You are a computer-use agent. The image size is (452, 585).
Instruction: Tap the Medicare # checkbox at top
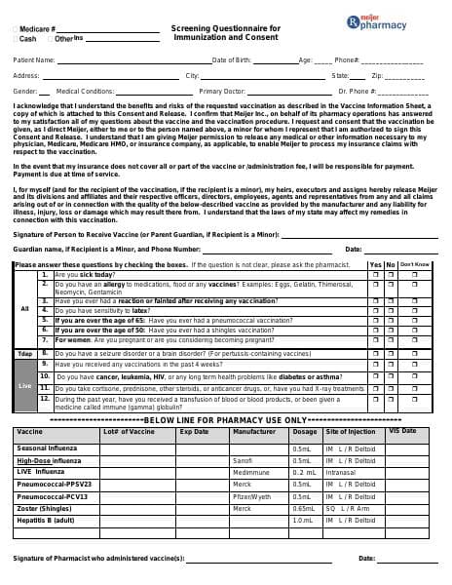pyautogui.click(x=16, y=30)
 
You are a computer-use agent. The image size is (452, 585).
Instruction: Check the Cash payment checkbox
pyautogui.click(x=16, y=39)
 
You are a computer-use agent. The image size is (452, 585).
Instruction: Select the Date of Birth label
pyautogui.click(x=232, y=60)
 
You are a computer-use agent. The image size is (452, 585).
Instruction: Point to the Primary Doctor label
pyautogui.click(x=222, y=91)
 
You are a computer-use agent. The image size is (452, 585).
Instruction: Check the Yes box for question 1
pyautogui.click(x=376, y=275)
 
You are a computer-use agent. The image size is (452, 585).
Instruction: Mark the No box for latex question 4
pyautogui.click(x=391, y=310)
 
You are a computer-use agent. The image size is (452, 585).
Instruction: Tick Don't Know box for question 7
pyautogui.click(x=414, y=339)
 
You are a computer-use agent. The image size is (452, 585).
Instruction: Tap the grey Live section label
pyautogui.click(x=25, y=384)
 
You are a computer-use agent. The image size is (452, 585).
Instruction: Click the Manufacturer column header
pyautogui.click(x=254, y=431)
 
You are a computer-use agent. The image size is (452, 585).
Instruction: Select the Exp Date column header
pyautogui.click(x=194, y=431)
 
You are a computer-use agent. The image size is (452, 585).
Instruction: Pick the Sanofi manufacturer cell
pyautogui.click(x=243, y=460)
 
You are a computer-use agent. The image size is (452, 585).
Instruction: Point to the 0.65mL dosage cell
pyautogui.click(x=304, y=508)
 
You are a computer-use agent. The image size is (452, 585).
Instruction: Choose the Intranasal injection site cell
pyautogui.click(x=341, y=472)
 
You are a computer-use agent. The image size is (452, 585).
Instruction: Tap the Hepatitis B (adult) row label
pyautogui.click(x=46, y=521)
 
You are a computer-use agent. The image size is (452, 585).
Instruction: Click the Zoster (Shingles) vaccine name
pyautogui.click(x=45, y=508)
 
